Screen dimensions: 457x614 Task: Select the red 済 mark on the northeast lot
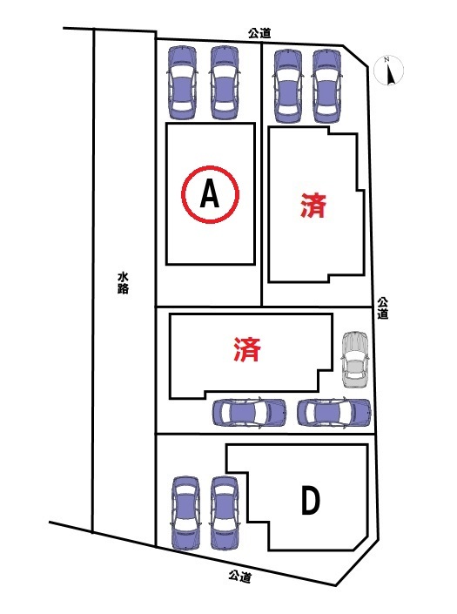pos(313,206)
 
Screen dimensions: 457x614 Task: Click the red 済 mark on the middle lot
pos(247,349)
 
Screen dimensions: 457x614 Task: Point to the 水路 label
pos(123,283)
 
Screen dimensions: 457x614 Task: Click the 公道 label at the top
pos(259,33)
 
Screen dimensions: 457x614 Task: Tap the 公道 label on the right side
pos(383,308)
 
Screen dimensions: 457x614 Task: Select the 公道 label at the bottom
pos(240,576)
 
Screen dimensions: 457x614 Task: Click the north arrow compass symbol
pos(388,71)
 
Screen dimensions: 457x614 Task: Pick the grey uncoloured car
pos(355,360)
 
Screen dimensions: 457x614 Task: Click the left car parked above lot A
pos(182,83)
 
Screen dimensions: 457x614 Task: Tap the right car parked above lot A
pos(225,83)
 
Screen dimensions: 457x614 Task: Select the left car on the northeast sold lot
pos(289,86)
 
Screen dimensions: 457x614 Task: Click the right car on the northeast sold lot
pos(327,86)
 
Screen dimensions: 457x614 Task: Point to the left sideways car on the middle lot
pos(249,413)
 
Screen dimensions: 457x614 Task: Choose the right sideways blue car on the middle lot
pos(333,413)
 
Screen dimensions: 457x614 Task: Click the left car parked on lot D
pos(186,513)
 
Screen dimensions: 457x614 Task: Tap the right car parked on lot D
pos(225,513)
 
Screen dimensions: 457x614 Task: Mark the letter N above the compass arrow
pos(386,60)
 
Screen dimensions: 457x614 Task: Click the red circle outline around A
pos(210,166)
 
